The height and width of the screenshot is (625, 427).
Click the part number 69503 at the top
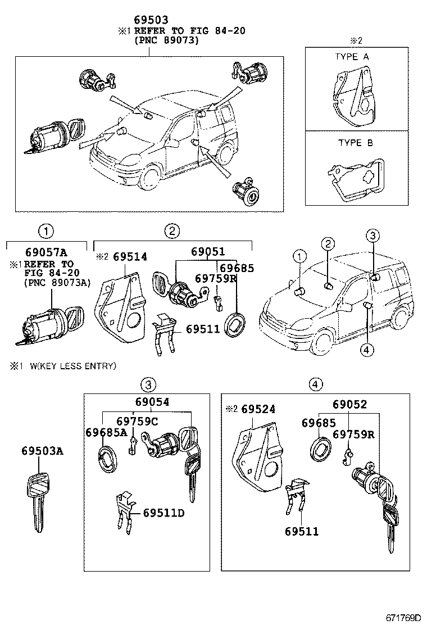click(x=149, y=20)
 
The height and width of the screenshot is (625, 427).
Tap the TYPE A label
click(x=352, y=57)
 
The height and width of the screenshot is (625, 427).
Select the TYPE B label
click(x=355, y=143)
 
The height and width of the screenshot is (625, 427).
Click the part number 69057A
click(x=46, y=253)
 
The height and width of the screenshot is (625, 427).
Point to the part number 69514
click(x=130, y=256)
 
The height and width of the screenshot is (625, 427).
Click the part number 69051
click(x=207, y=252)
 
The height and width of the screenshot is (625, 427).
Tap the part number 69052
click(x=349, y=404)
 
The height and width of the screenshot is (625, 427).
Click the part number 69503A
click(x=43, y=451)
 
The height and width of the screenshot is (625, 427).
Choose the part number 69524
click(x=258, y=409)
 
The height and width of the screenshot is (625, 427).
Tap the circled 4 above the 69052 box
click(x=316, y=384)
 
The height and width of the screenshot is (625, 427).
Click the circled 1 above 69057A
click(x=46, y=230)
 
